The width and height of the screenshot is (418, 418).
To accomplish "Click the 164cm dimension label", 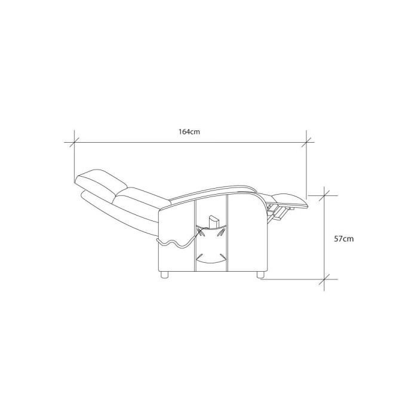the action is point(189,132).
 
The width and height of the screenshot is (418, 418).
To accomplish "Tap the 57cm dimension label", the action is point(344,239).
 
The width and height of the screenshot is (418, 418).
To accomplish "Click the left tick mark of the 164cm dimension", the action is point(75,142).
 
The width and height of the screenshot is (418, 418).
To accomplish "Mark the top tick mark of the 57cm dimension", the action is point(324,195).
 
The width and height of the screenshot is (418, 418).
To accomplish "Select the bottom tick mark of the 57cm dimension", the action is point(324,279).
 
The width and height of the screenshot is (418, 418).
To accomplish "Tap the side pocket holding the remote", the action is point(211,244).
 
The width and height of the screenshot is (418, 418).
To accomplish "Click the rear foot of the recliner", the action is point(164,275).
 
